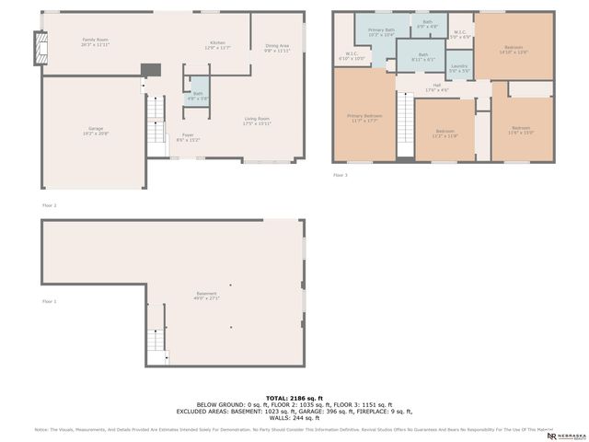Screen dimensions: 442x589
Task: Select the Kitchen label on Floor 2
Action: (217, 45)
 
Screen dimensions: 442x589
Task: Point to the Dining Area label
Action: (277, 49)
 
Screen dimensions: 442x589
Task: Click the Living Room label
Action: (257, 121)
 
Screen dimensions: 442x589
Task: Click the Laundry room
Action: (458, 69)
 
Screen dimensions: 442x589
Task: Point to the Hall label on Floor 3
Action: (437, 87)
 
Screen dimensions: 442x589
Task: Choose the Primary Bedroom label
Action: (364, 118)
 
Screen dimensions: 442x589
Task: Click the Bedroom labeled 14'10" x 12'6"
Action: (514, 50)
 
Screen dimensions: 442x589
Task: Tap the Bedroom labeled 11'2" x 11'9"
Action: (445, 134)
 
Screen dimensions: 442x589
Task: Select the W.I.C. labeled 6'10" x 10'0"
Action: (352, 56)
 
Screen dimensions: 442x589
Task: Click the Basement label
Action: (205, 296)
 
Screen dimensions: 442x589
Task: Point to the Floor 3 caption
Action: (341, 174)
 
